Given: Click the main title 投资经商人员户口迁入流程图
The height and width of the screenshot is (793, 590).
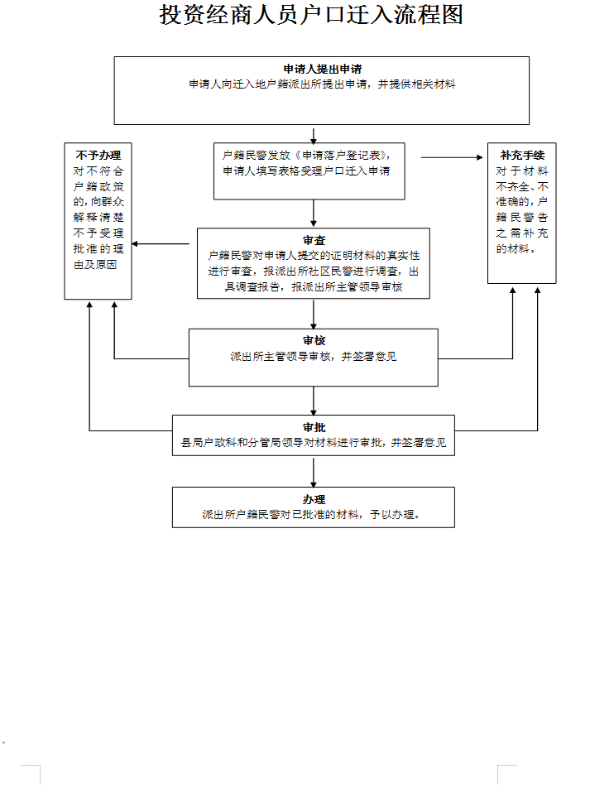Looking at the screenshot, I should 311,15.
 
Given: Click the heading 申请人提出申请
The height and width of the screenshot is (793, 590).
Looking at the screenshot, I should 321,70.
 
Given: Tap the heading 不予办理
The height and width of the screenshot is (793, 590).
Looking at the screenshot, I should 98,155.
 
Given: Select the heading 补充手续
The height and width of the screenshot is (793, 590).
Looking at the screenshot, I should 522,155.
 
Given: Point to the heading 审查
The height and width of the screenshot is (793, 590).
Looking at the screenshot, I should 313,240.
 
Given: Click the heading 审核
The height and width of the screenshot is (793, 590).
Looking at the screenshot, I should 313,340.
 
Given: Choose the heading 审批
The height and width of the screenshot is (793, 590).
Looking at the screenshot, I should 313,427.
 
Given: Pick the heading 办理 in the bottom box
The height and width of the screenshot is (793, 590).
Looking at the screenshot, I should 313,499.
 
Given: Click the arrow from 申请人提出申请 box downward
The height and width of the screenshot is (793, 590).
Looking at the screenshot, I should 314,134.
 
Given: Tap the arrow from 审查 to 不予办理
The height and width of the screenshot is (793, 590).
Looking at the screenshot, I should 164,243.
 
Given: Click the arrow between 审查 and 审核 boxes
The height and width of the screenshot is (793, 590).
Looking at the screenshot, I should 314,313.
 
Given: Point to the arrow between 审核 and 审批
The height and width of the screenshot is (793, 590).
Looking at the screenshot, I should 314,400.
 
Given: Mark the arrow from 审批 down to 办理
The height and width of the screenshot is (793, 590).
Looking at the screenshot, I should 314,472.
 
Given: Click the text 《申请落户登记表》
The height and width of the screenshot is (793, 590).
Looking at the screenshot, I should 342,155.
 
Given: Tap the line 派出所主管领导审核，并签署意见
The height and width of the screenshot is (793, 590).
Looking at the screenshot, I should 313,356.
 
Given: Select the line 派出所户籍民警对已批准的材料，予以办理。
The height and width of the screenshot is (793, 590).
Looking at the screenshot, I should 313,514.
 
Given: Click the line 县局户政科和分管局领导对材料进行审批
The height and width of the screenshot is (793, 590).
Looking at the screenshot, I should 281,443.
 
